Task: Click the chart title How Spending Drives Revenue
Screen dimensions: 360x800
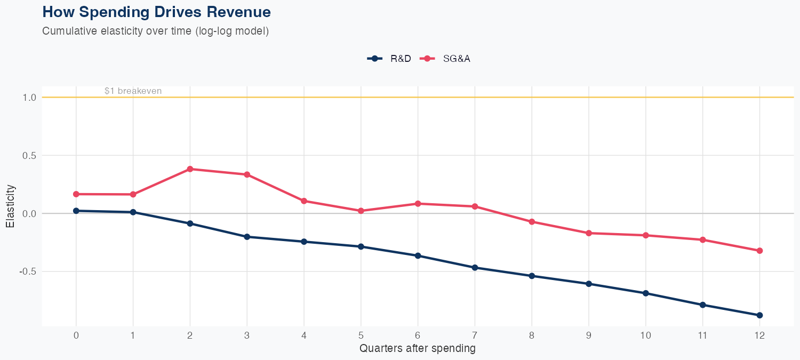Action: [156, 12]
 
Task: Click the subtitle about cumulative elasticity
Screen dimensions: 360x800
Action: [155, 31]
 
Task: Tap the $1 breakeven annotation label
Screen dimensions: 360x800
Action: [133, 91]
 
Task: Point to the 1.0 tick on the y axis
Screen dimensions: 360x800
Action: [29, 98]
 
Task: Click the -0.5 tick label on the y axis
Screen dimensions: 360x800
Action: [28, 271]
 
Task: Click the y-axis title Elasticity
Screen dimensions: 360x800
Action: [10, 206]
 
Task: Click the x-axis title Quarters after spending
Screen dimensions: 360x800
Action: [417, 349]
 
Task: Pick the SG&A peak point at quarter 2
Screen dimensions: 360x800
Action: [190, 169]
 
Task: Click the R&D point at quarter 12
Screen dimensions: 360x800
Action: [759, 315]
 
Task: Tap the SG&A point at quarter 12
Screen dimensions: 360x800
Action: [759, 251]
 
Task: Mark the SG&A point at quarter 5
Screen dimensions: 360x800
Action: [361, 211]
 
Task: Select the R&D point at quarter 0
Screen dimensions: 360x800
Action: [76, 211]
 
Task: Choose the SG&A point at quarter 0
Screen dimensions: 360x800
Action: [76, 194]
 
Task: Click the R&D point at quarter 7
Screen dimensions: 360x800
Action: [475, 267]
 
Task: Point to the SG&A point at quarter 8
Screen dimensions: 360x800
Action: [532, 221]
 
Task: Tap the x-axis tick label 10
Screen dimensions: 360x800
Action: [645, 335]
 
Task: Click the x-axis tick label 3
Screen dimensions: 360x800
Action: [247, 335]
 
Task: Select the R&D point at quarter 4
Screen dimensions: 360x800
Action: [304, 242]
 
